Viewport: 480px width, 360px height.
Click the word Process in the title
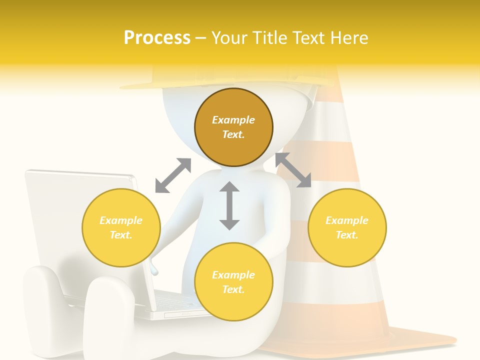(157, 38)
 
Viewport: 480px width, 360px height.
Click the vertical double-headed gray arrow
(229, 205)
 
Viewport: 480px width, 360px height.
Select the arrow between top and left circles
(173, 175)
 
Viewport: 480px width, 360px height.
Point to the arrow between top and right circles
(293, 170)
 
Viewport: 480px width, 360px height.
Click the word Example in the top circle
(233, 120)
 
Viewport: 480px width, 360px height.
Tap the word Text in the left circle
(121, 235)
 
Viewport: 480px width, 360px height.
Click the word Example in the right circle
(347, 220)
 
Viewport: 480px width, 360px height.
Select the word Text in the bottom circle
(233, 289)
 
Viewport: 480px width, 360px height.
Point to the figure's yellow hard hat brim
(150, 86)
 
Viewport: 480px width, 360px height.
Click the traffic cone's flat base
(425, 340)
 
